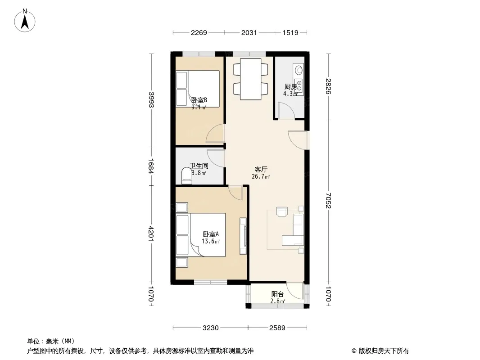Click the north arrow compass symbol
click(25, 21)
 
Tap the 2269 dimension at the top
click(199, 32)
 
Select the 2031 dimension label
click(249, 32)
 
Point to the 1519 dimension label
click(290, 32)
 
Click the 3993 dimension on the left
click(151, 100)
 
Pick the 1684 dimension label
click(151, 166)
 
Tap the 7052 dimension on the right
click(328, 200)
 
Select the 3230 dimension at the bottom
click(211, 328)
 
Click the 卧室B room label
click(199, 100)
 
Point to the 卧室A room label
click(211, 234)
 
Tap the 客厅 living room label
click(261, 170)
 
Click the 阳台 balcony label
click(278, 294)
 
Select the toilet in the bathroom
click(186, 176)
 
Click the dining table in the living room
click(251, 79)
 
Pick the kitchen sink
click(299, 70)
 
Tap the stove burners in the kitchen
click(299, 85)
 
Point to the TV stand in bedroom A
click(243, 236)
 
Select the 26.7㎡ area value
click(261, 176)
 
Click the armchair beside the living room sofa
click(282, 211)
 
